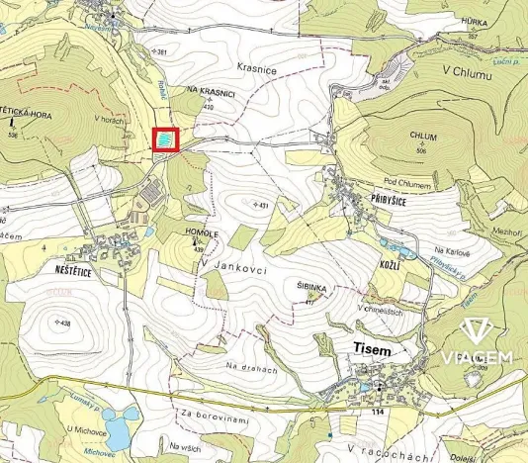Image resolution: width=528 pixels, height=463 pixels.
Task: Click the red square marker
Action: point(164,139)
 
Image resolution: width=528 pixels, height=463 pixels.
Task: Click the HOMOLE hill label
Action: point(201,233)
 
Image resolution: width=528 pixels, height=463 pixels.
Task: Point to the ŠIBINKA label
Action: point(311,286)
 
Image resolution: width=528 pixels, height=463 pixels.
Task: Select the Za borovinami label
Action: point(214,422)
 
